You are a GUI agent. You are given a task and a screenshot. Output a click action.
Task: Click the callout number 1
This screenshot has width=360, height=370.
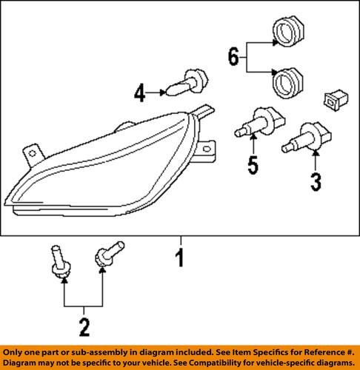click(x=180, y=260)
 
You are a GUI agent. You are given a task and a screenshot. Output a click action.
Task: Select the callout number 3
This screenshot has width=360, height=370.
click(x=316, y=180)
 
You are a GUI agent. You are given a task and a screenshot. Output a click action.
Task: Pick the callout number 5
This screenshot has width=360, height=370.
click(x=253, y=166)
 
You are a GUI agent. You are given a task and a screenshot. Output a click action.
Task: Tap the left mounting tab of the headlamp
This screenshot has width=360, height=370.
click(x=31, y=152)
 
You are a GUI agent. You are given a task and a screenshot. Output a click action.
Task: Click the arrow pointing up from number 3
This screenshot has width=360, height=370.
click(x=316, y=159)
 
